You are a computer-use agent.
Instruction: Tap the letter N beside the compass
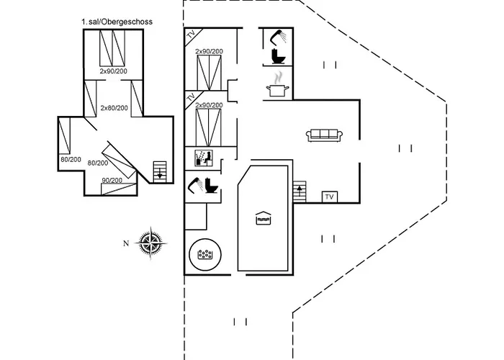126,243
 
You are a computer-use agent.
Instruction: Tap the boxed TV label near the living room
330,197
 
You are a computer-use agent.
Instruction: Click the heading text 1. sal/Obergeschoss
117,23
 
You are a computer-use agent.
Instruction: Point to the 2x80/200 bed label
114,108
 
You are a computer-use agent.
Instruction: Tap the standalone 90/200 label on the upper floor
112,180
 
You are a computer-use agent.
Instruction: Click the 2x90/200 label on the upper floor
114,71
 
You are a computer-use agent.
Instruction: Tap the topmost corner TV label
192,35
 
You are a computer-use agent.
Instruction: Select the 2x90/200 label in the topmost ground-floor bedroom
209,52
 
